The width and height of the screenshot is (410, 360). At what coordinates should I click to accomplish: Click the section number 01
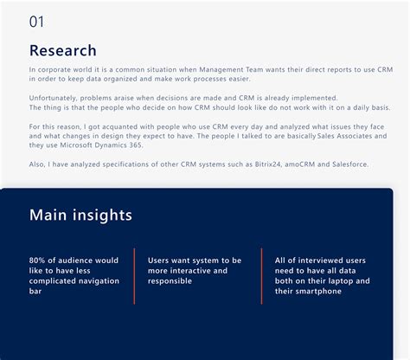tap(37, 22)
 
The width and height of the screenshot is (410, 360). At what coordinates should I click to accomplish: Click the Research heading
tap(63, 50)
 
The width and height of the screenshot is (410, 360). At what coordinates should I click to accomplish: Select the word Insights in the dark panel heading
tap(105, 215)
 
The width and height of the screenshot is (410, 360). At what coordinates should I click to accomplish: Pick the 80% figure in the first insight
tap(37, 260)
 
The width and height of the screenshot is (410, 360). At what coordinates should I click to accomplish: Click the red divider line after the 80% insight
tap(134, 275)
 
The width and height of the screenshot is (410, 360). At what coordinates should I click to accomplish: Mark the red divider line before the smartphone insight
tap(261, 275)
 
